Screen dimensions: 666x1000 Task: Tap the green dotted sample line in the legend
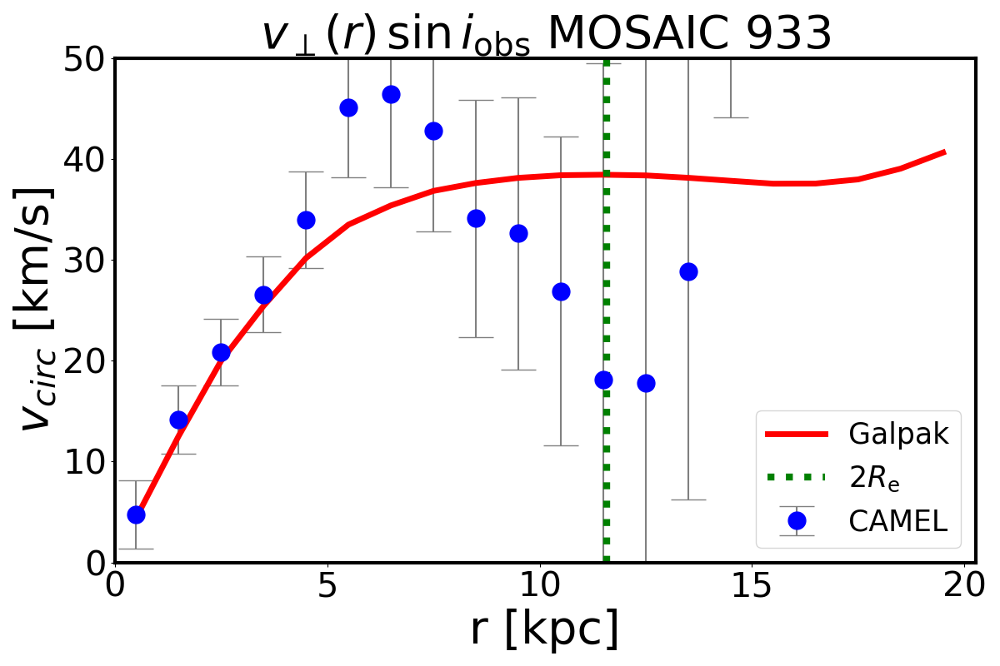pos(797,477)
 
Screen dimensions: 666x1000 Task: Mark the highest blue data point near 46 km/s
pos(391,94)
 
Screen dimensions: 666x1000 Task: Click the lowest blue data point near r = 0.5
pos(136,514)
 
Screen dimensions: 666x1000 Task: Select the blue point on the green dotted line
pos(603,380)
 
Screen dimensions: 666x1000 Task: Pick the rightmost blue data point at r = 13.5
pos(688,271)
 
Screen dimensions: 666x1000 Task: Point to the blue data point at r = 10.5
pos(561,291)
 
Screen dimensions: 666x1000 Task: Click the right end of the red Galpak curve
pos(943,152)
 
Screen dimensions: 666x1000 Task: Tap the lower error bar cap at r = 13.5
pos(688,499)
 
